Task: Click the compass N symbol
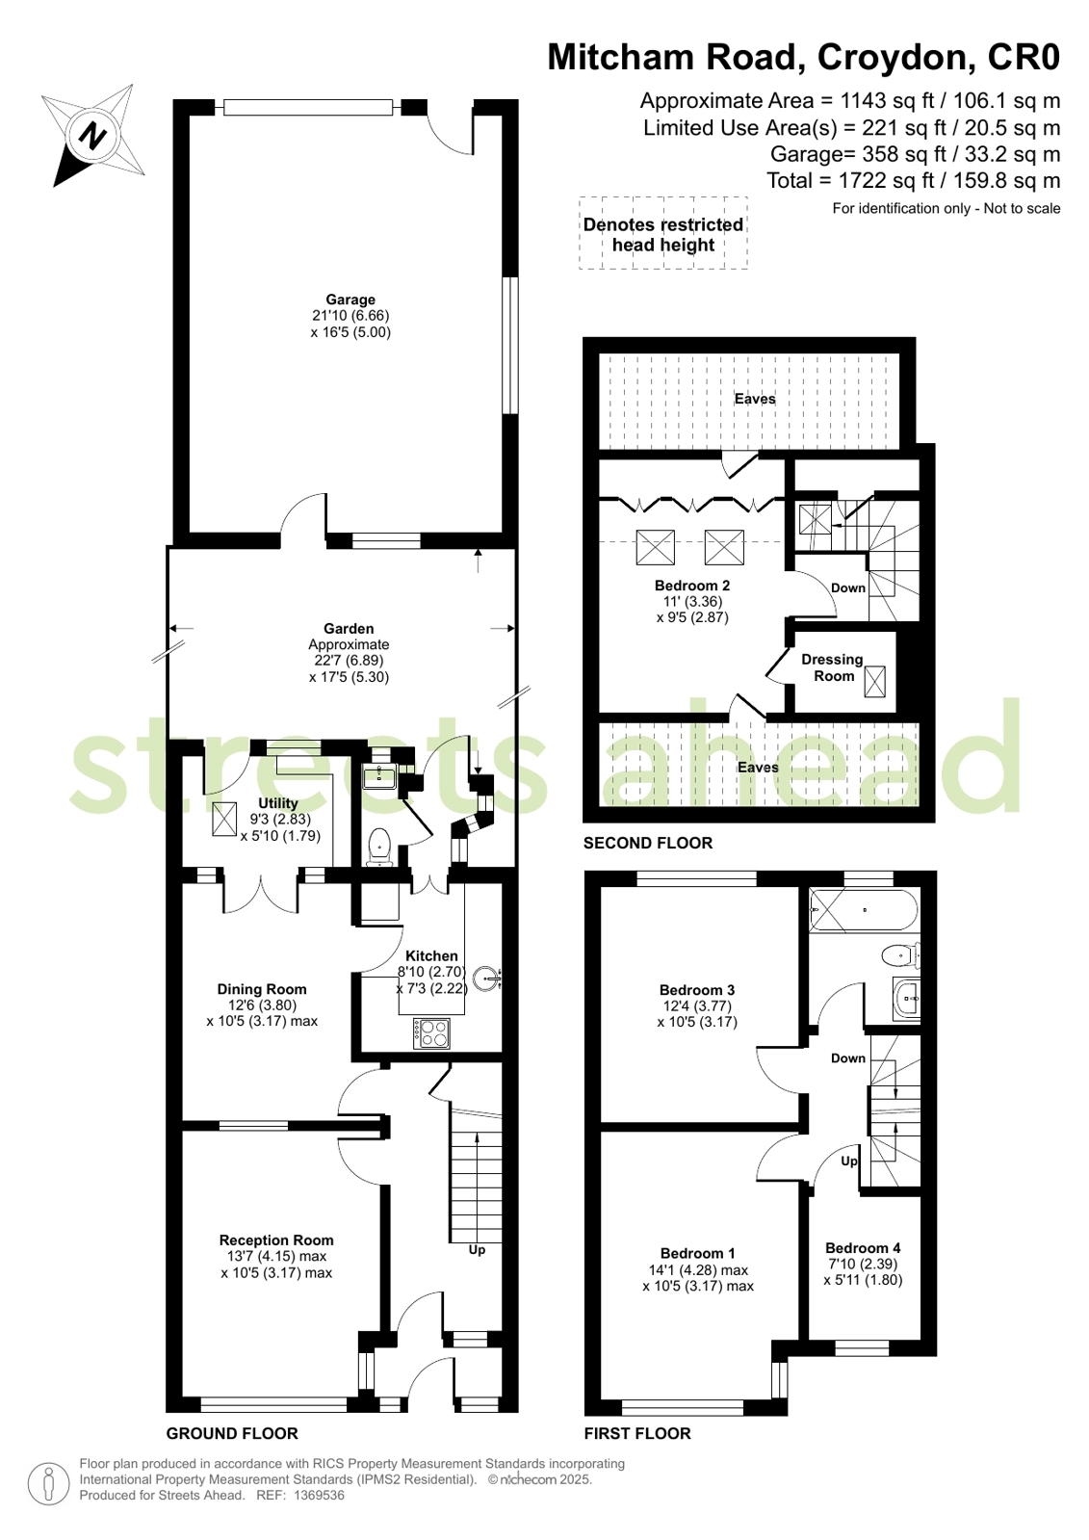92,136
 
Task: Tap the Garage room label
350,300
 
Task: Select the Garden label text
349,628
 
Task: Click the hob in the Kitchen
431,1033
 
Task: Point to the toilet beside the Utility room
379,847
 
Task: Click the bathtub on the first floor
864,910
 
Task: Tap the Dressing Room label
832,667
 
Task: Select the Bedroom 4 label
863,1248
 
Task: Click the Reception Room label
276,1240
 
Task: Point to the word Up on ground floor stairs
477,1249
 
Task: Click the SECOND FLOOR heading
648,843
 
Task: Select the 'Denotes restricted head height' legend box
663,233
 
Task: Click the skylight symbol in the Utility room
224,820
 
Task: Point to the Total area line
913,181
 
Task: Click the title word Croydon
895,57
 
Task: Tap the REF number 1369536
319,1496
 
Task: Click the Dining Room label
262,989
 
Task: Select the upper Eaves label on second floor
755,399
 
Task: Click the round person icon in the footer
48,1483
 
